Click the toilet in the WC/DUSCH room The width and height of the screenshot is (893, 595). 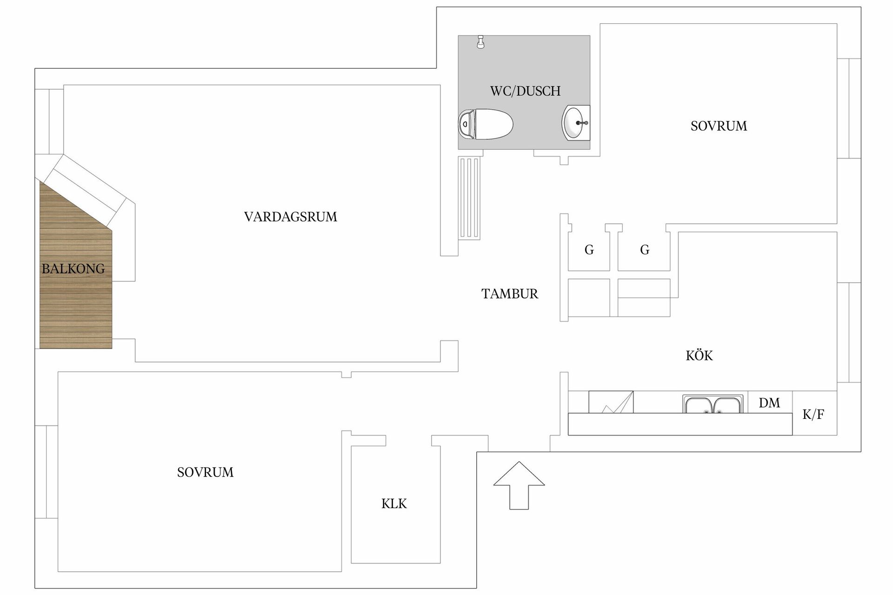pyautogui.click(x=486, y=124)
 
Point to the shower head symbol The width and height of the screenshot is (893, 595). pyautogui.click(x=481, y=42)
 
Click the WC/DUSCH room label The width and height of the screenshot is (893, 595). pyautogui.click(x=525, y=91)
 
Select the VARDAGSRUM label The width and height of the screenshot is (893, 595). pyautogui.click(x=290, y=217)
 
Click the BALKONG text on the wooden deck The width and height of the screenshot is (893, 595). pyautogui.click(x=73, y=269)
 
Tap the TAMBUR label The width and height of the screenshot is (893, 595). pyautogui.click(x=510, y=294)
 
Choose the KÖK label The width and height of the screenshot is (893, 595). pyautogui.click(x=699, y=356)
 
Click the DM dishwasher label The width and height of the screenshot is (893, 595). pyautogui.click(x=769, y=403)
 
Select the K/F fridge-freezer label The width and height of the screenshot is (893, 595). pyautogui.click(x=813, y=415)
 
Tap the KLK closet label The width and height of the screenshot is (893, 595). pyautogui.click(x=394, y=504)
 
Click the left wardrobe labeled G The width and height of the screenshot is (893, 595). pyautogui.click(x=589, y=250)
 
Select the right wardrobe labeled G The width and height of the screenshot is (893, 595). pyautogui.click(x=645, y=250)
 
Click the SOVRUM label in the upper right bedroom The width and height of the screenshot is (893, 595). pyautogui.click(x=719, y=126)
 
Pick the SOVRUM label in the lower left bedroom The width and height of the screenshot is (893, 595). pyautogui.click(x=205, y=472)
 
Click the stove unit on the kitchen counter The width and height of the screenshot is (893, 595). pyautogui.click(x=611, y=402)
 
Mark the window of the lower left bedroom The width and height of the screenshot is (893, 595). pyautogui.click(x=46, y=472)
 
